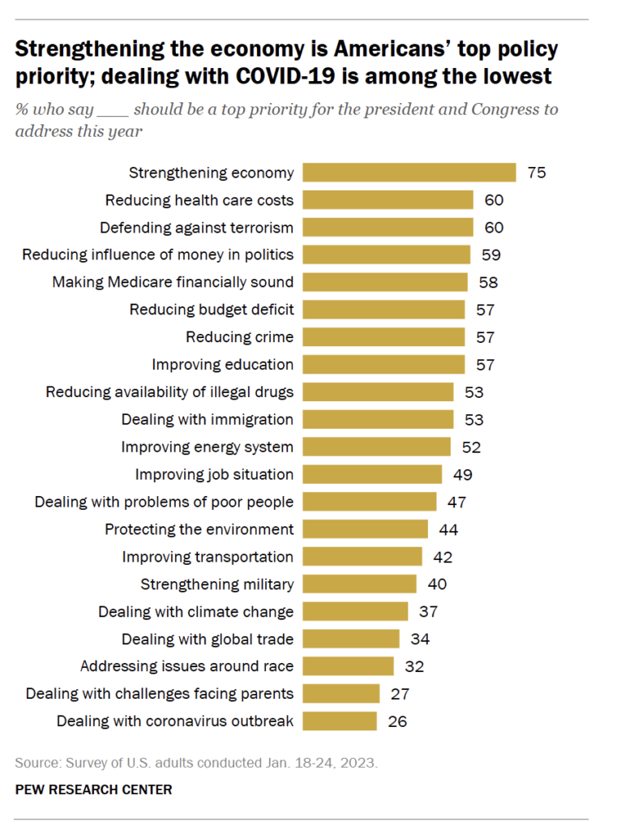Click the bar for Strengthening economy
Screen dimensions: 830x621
click(409, 173)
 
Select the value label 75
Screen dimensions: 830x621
click(536, 173)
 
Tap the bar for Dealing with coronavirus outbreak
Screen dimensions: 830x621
click(340, 721)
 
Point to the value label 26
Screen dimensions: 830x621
click(396, 721)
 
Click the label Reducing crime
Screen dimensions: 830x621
click(239, 337)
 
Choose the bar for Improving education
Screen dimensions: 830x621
click(383, 364)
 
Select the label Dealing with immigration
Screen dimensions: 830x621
click(207, 419)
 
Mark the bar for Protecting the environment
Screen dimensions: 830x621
click(365, 529)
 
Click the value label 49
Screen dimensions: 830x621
click(463, 474)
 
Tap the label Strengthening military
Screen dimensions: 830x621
click(216, 584)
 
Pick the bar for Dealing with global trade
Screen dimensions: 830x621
click(351, 639)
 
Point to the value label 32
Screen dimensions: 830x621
click(413, 666)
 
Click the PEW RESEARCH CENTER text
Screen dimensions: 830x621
click(93, 789)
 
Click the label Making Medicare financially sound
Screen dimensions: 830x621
click(173, 282)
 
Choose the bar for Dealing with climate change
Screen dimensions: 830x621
click(355, 611)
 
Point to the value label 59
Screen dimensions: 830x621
click(490, 255)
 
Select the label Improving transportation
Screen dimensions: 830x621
click(208, 556)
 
